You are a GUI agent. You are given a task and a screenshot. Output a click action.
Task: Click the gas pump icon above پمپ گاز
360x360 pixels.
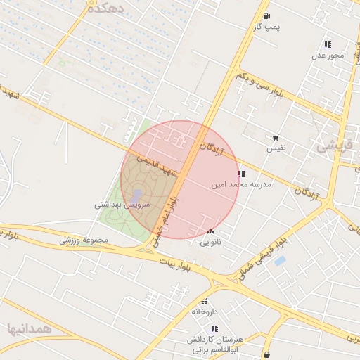point(266,15)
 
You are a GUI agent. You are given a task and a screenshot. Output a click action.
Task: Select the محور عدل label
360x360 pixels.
point(328,55)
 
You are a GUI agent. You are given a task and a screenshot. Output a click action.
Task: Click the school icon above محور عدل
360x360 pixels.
point(328,44)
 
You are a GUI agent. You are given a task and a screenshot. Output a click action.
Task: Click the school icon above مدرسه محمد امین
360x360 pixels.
point(241,174)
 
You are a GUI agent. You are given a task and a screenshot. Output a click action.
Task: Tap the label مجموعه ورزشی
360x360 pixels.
point(84,240)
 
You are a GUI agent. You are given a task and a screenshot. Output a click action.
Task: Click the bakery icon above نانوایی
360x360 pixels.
point(211,232)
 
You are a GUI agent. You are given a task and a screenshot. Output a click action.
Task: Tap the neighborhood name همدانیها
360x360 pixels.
point(30,328)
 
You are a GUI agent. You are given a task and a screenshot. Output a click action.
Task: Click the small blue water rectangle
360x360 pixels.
point(280,261)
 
